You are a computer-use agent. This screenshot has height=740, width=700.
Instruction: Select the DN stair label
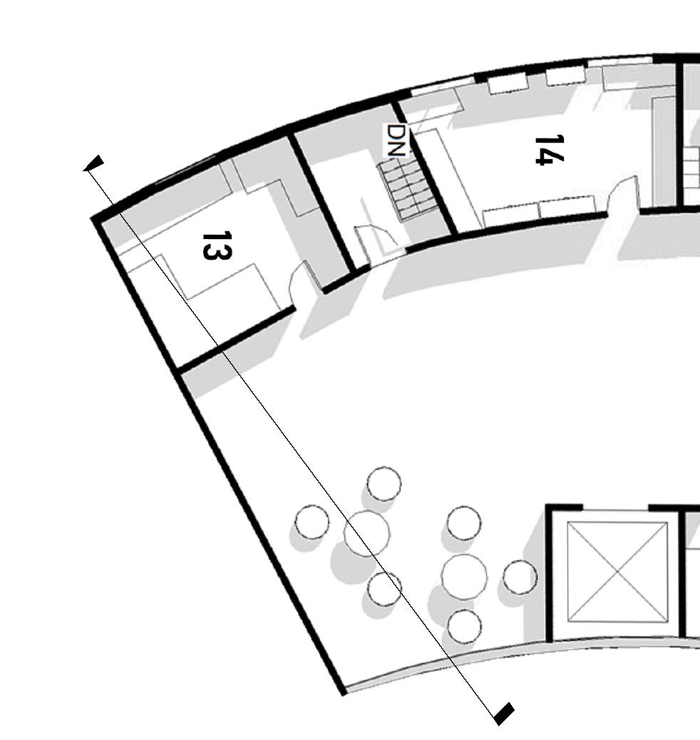(396, 140)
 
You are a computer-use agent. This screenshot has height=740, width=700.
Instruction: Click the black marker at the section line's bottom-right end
(503, 713)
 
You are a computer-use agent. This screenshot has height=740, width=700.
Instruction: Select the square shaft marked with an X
(617, 572)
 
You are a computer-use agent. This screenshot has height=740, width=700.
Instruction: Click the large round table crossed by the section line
(366, 533)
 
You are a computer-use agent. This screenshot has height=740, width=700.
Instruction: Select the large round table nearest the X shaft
(464, 576)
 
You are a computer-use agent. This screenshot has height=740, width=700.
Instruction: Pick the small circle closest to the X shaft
(520, 577)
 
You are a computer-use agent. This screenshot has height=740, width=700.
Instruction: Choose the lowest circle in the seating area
(464, 626)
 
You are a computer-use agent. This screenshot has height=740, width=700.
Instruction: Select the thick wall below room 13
(235, 340)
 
